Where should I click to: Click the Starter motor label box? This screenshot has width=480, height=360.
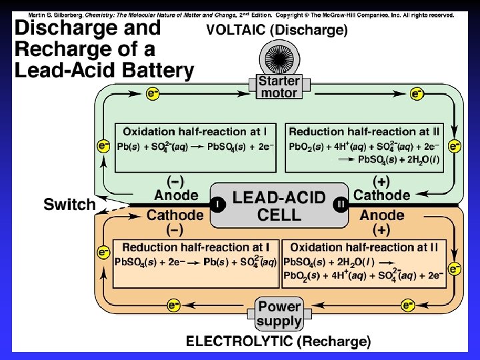tap(279, 87)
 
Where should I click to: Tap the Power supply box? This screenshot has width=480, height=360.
tap(279, 313)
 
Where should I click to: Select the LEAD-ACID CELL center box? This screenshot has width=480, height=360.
tap(279, 206)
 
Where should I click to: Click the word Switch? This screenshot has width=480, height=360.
tap(69, 205)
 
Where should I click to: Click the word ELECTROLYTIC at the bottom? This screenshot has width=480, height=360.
tap(239, 342)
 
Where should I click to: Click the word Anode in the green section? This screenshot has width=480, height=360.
tap(176, 195)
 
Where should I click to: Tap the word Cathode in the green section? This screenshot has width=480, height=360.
tap(382, 195)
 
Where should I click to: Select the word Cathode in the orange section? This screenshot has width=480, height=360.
tap(175, 215)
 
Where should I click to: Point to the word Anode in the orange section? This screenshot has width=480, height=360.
tap(381, 215)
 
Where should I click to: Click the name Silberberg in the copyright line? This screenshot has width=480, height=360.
tap(61, 14)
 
